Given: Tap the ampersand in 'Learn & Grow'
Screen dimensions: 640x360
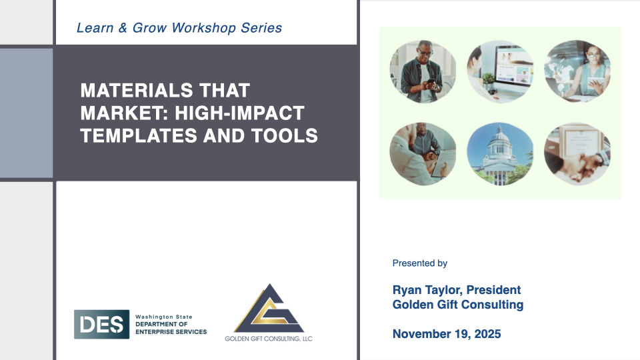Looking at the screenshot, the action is click(123, 28).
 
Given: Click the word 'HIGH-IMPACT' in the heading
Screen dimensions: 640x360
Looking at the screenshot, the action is click(239, 113).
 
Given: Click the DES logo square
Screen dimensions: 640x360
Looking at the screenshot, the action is click(101, 324).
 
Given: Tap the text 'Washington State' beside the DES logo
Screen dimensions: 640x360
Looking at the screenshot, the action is click(164, 317).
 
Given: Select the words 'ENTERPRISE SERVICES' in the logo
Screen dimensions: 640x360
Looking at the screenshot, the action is click(171, 332).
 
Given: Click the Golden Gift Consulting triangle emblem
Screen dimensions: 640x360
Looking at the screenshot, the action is click(269, 308).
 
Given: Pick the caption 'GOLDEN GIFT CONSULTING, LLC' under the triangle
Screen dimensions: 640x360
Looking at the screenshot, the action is click(269, 339).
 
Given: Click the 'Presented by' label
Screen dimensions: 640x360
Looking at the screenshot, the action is click(419, 263).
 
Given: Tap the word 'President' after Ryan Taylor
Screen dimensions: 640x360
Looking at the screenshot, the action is click(493, 290).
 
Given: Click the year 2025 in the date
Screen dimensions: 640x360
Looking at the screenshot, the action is click(488, 334).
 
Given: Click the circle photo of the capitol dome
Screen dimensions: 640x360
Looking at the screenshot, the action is click(500, 154).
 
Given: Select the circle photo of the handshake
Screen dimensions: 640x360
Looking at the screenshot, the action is click(577, 154).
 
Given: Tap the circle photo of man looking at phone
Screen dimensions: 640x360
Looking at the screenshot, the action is click(423, 71).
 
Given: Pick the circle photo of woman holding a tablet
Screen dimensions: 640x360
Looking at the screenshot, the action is click(577, 71).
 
